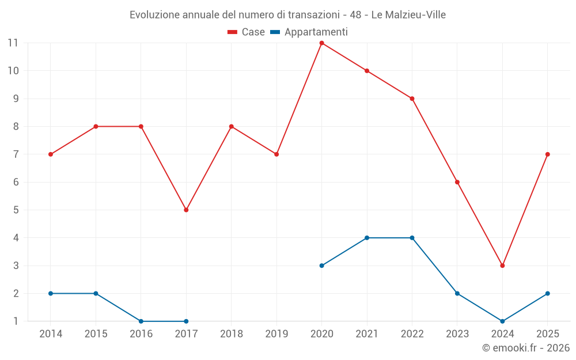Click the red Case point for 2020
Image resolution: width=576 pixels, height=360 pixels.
tap(321, 43)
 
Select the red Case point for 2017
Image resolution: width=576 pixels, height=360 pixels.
tap(186, 210)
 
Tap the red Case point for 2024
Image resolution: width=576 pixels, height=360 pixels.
tap(502, 266)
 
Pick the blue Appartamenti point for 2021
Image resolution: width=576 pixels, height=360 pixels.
tap(367, 238)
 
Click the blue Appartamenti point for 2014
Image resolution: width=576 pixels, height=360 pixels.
tap(51, 294)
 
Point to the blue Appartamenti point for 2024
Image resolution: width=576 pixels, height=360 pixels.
tap(502, 321)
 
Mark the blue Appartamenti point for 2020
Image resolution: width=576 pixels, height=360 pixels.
tap(321, 266)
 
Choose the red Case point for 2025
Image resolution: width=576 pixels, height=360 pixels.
tap(547, 154)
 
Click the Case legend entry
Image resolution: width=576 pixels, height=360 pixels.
tap(246, 32)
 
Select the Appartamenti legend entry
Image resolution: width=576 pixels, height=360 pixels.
tap(309, 32)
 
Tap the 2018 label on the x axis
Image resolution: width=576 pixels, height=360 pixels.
tap(231, 334)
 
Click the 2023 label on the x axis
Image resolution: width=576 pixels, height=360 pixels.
tap(457, 334)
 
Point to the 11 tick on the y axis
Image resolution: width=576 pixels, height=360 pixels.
tap(13, 43)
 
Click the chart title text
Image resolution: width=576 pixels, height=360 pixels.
tap(287, 14)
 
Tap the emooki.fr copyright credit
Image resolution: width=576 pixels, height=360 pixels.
tap(525, 348)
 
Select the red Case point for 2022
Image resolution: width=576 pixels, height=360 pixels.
tap(412, 98)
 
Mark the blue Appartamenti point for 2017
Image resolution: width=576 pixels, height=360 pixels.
tap(186, 321)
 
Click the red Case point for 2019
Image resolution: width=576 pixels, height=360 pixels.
tap(276, 154)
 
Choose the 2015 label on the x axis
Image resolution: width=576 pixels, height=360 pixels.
tap(96, 334)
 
